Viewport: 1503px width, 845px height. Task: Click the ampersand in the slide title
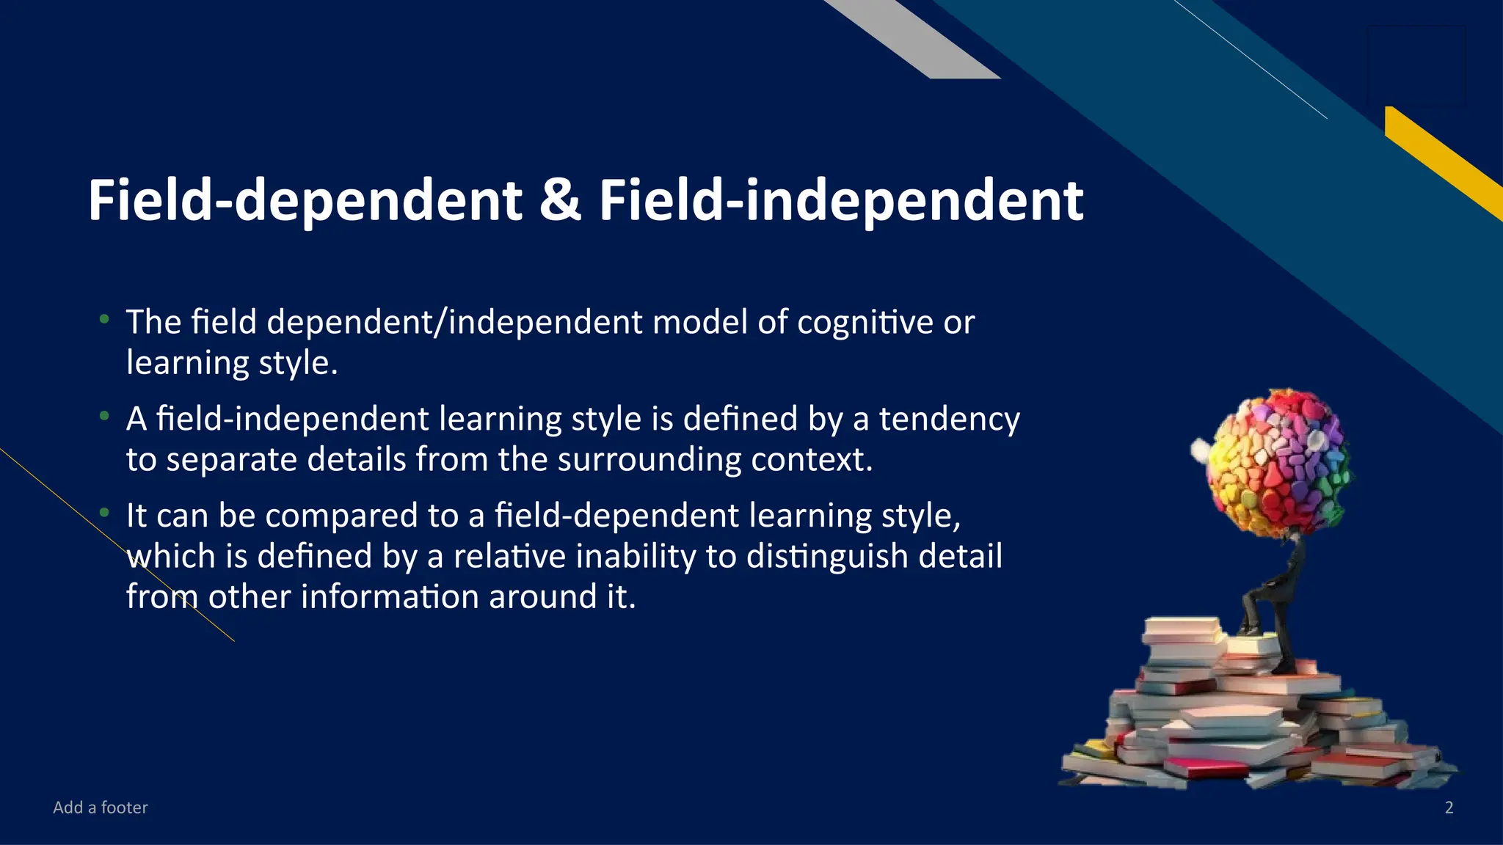[560, 200]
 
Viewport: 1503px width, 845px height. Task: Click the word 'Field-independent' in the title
[841, 202]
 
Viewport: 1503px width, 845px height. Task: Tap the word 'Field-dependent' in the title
[305, 202]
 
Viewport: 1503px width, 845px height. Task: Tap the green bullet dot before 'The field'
[105, 319]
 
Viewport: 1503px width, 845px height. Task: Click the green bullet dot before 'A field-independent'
[105, 417]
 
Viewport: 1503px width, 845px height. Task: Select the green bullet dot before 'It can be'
[105, 513]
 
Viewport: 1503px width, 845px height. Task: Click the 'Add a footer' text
[101, 808]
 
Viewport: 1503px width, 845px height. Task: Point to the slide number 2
[1449, 808]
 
